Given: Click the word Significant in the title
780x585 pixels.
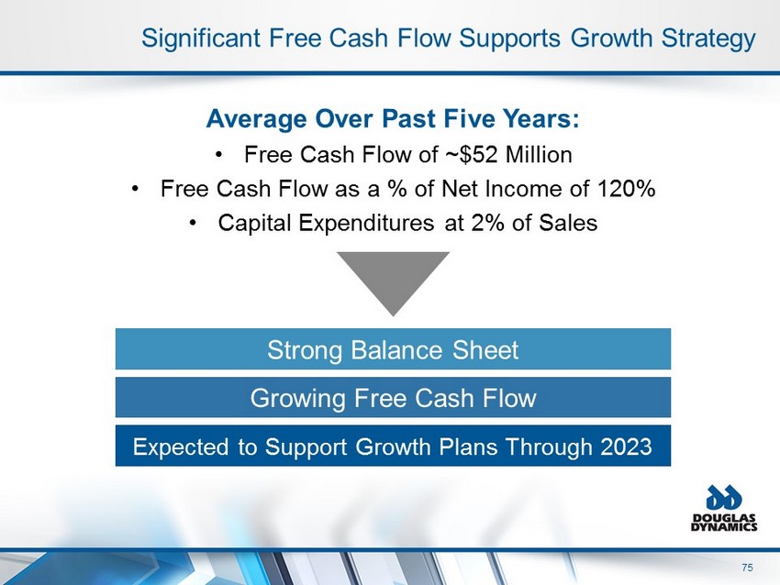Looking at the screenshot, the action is pyautogui.click(x=200, y=39).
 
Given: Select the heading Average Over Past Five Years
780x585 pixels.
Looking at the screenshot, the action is pyautogui.click(x=393, y=119).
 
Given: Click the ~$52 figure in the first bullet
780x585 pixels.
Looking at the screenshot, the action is pyautogui.click(x=471, y=155).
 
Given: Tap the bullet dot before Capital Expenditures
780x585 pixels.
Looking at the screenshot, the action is pyautogui.click(x=193, y=223).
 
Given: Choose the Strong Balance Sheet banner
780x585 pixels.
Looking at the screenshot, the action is pyautogui.click(x=393, y=349).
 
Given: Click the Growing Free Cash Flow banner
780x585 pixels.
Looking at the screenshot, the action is pyautogui.click(x=393, y=397).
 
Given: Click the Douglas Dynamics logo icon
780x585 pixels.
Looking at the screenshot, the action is pyautogui.click(x=724, y=498).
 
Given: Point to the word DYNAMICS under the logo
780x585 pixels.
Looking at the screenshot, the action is pyautogui.click(x=724, y=527).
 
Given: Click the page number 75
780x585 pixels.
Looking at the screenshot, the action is pyautogui.click(x=747, y=568).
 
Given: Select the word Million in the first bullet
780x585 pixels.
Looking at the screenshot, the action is pyautogui.click(x=539, y=155).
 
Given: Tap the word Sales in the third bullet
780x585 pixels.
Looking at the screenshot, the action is pyautogui.click(x=568, y=222).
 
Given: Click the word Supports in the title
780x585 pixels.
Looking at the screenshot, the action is pyautogui.click(x=509, y=39).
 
